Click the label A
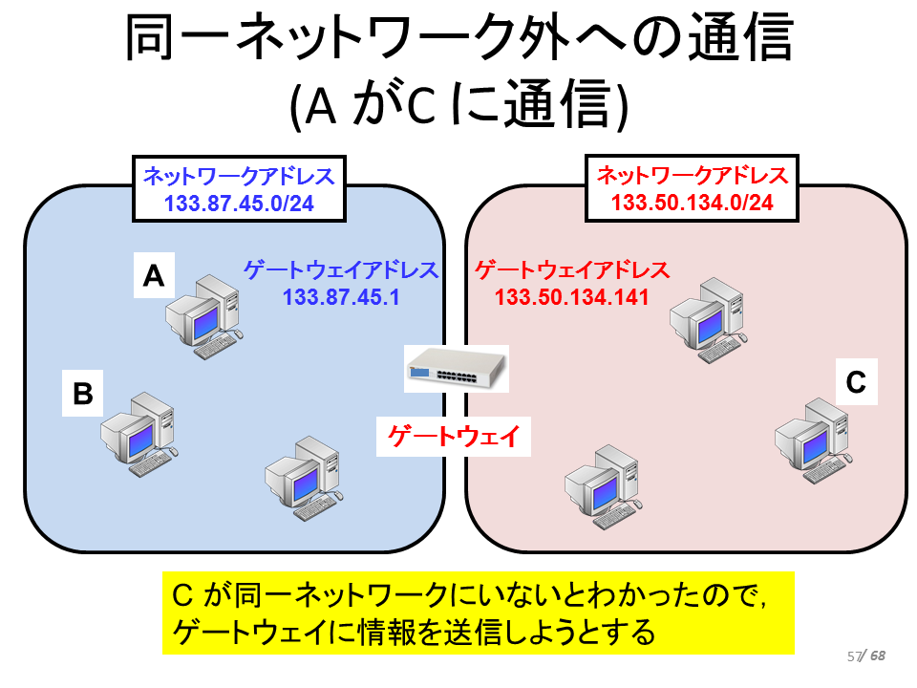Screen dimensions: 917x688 (154, 275)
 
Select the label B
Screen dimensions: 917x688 (82, 393)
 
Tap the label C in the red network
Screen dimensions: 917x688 (856, 382)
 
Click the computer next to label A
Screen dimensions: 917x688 (204, 316)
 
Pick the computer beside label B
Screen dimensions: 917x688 (139, 434)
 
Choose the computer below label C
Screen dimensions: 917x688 (814, 441)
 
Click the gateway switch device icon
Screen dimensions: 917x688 (457, 368)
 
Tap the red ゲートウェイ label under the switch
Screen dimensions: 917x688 (454, 436)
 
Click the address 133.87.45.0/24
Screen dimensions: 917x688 (239, 204)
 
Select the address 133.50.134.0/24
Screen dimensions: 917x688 (693, 203)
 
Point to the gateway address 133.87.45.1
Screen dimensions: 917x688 (341, 297)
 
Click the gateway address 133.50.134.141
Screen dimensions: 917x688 (571, 297)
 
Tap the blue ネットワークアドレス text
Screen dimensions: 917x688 (239, 176)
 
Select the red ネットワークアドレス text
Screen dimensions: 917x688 (693, 175)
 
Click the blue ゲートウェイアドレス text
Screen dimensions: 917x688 (341, 269)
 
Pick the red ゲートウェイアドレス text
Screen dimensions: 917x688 (572, 269)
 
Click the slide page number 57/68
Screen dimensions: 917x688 (866, 656)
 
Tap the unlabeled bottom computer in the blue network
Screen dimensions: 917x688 (304, 478)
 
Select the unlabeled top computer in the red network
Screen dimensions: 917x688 (709, 320)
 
